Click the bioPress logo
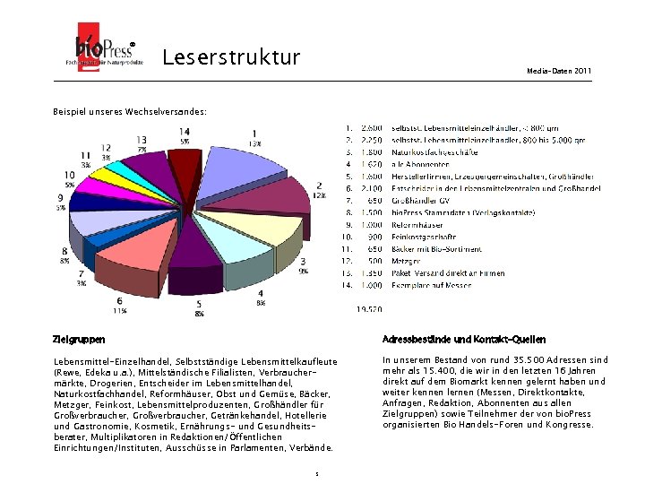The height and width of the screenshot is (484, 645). click(99, 54)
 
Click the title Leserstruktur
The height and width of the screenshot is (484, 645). click(231, 58)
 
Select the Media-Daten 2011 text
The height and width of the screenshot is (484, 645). click(559, 70)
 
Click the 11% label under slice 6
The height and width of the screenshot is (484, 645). click(120, 311)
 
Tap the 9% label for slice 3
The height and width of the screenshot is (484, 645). click(304, 270)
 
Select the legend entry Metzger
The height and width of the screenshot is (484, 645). click(406, 261)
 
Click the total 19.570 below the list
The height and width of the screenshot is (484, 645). click(369, 309)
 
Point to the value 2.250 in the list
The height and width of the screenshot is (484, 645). click(371, 141)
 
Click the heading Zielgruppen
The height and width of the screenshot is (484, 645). click(79, 340)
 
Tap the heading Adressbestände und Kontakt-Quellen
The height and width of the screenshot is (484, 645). click(463, 340)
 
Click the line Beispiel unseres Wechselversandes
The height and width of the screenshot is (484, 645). click(130, 112)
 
